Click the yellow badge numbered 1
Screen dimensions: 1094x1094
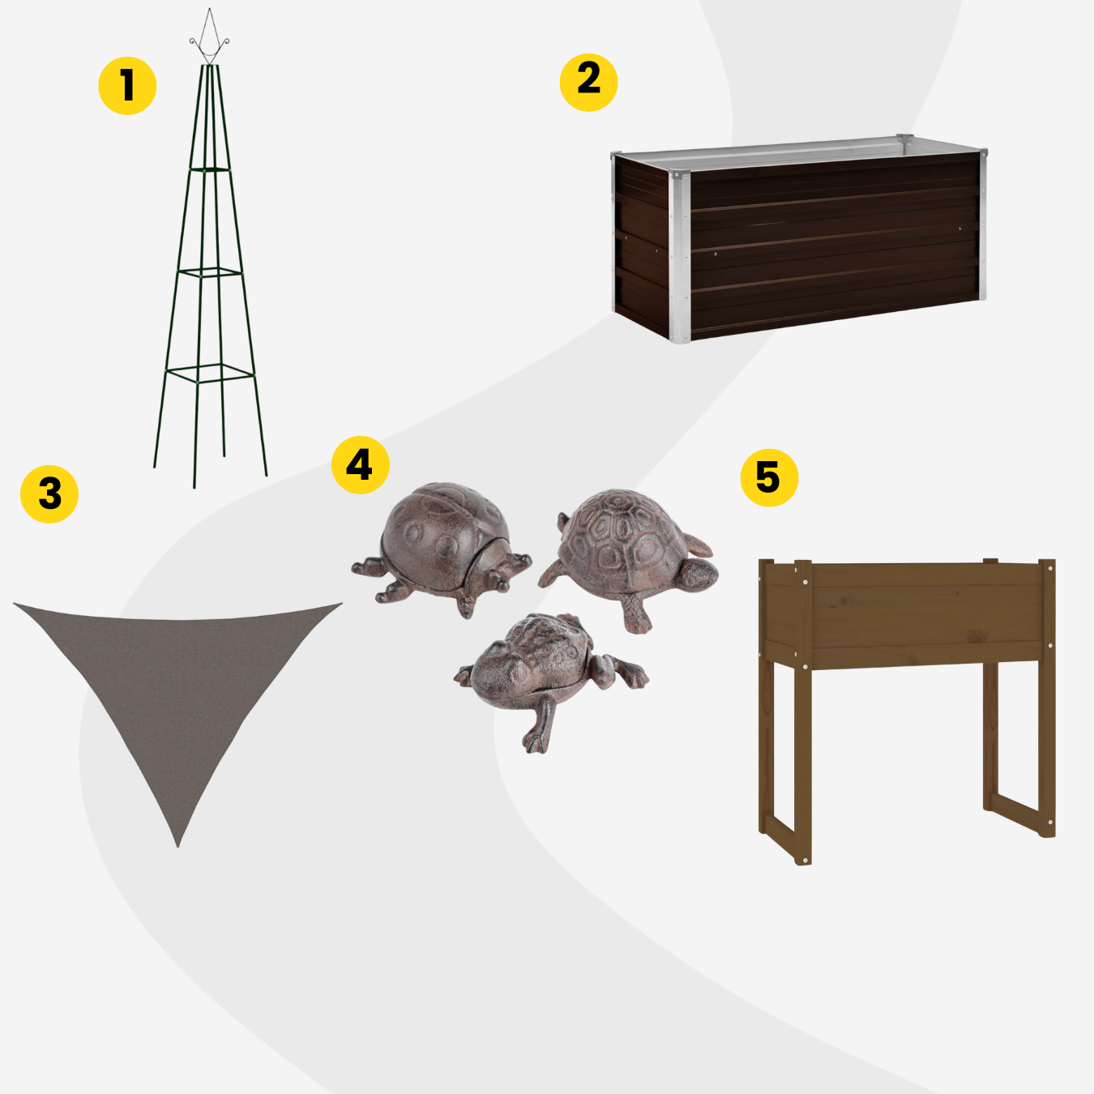pos(127,86)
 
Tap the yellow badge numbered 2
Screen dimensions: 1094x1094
pos(588,83)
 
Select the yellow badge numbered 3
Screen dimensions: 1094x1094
pos(49,494)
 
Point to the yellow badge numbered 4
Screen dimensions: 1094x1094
pos(361,465)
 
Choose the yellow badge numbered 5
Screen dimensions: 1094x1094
pos(769,477)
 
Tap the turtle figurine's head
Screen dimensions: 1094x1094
pos(699,574)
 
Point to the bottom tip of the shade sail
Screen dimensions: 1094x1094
pos(177,847)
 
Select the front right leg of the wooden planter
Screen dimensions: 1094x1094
pos(1047,699)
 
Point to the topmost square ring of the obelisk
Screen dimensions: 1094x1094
pos(210,169)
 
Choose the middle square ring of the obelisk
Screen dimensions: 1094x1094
pos(210,272)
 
